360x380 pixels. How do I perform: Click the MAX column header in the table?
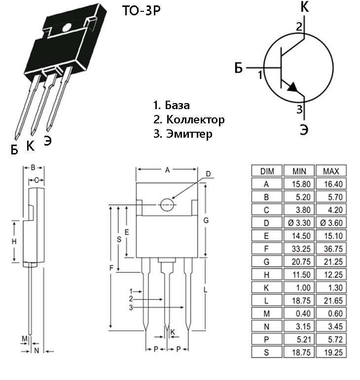click(331, 171)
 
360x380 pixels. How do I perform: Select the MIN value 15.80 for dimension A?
click(299, 184)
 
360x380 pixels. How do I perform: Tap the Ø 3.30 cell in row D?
click(299, 223)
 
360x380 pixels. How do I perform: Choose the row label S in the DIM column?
click(267, 352)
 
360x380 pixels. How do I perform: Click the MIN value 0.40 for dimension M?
click(299, 314)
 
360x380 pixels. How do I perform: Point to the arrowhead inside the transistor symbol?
click(292, 87)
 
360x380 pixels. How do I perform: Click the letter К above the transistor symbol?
click(304, 7)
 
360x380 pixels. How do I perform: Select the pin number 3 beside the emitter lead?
click(299, 110)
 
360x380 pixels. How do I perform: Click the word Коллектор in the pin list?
click(195, 119)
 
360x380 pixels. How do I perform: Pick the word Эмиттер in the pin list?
click(189, 134)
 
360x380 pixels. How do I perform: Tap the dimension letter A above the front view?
click(168, 170)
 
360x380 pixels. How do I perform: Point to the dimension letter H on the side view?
click(14, 241)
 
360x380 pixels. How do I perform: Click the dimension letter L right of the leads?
click(205, 291)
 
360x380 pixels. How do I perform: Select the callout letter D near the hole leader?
click(208, 174)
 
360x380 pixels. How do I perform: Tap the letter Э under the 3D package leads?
click(48, 140)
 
